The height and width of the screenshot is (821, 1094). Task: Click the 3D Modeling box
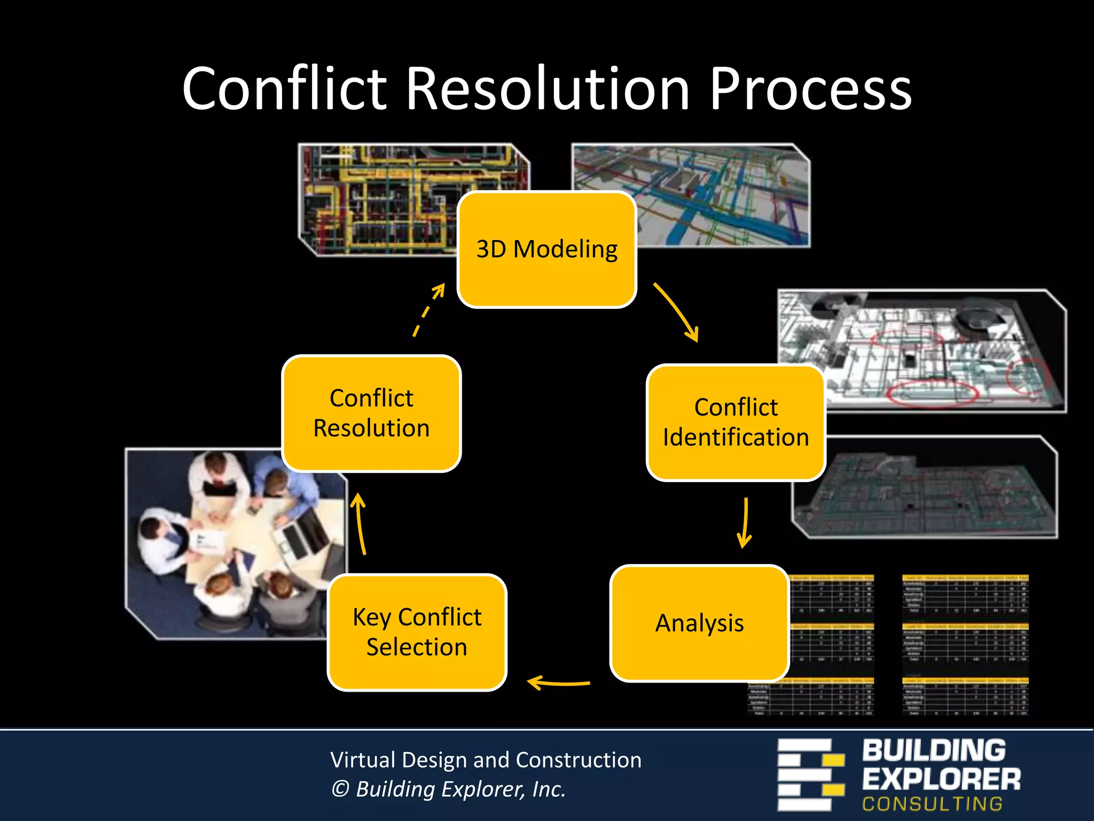(546, 249)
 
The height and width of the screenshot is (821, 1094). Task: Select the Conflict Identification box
(736, 422)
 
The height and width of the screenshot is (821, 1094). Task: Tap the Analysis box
(699, 623)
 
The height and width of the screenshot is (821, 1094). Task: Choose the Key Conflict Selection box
(417, 632)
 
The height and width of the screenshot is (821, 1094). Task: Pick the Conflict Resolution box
(371, 413)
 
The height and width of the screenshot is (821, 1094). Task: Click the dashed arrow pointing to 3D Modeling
(428, 309)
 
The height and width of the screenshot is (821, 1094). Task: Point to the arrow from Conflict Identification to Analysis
(745, 523)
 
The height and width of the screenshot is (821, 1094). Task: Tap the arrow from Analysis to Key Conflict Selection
(558, 683)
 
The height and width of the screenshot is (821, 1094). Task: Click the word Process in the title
(810, 89)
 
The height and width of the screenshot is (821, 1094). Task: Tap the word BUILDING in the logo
(933, 750)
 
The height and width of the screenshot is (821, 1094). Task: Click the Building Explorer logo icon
(810, 774)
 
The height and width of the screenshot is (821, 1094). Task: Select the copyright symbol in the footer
(340, 789)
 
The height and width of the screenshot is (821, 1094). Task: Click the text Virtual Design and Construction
(486, 760)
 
